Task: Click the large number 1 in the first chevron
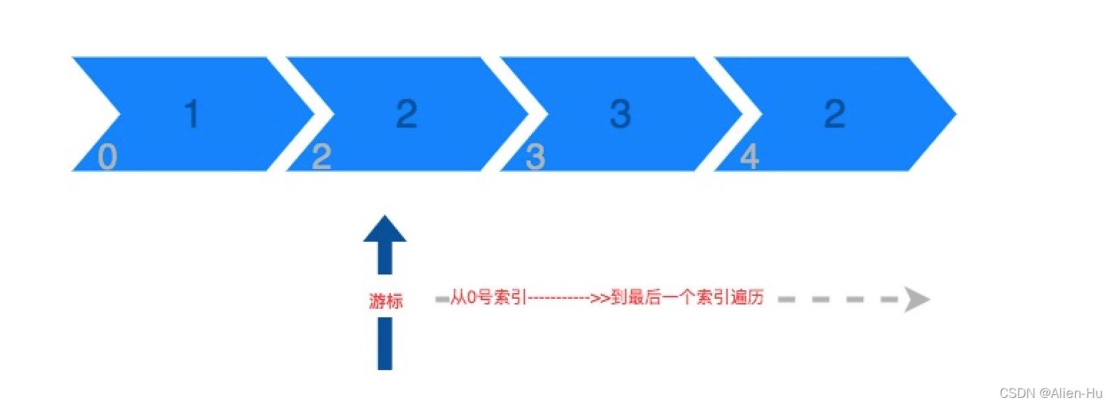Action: click(193, 113)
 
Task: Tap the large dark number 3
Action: click(621, 113)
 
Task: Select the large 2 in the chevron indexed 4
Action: click(835, 113)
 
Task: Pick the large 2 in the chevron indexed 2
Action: click(407, 113)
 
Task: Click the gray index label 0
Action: click(107, 157)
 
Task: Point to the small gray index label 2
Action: click(322, 157)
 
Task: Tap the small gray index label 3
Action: click(535, 157)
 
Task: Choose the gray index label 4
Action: click(749, 157)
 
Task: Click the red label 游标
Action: click(385, 301)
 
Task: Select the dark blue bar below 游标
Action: click(385, 344)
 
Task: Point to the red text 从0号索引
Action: click(488, 297)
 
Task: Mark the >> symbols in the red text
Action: click(600, 298)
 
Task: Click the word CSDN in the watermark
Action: click(1017, 393)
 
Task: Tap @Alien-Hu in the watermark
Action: click(1070, 393)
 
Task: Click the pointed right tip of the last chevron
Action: click(955, 114)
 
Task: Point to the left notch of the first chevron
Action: click(120, 114)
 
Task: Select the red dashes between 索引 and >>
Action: click(558, 298)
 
